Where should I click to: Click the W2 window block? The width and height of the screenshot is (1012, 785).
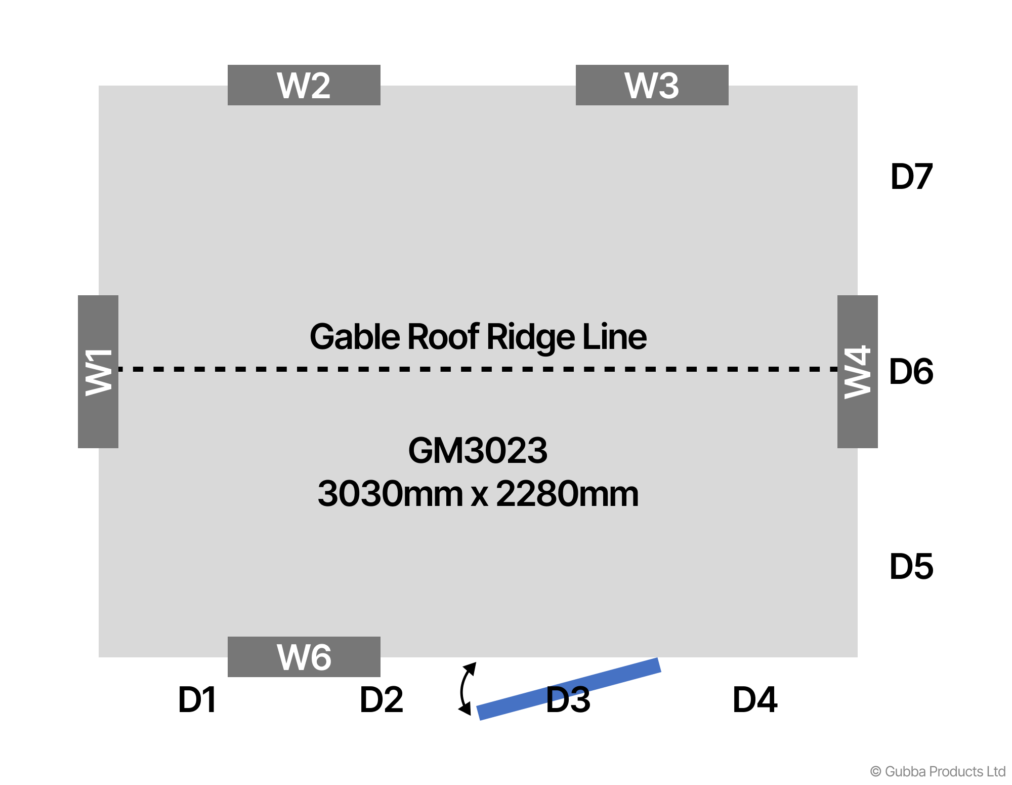tap(304, 85)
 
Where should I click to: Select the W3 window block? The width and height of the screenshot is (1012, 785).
tap(652, 85)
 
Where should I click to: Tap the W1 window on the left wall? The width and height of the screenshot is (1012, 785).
tap(98, 372)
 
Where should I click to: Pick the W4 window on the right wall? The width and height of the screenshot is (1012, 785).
tap(857, 372)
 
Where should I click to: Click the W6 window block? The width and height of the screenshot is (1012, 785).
tap(304, 657)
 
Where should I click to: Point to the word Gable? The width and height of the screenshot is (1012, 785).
tap(354, 337)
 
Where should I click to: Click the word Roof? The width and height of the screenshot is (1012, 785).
tap(443, 337)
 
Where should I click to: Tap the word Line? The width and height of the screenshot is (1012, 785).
tap(614, 337)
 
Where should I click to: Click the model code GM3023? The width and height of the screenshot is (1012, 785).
tap(478, 451)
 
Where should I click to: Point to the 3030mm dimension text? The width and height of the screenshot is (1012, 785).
tap(390, 494)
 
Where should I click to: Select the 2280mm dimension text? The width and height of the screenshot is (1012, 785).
tap(567, 494)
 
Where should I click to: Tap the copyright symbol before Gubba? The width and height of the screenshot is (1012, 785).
tap(875, 772)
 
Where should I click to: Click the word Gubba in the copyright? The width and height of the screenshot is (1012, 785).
tap(905, 772)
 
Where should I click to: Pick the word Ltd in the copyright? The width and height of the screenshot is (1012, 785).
tap(995, 771)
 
